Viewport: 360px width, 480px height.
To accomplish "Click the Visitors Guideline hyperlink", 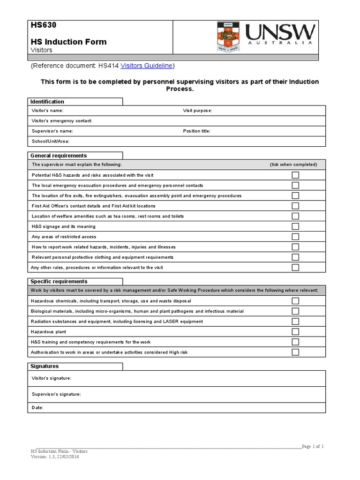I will (147, 66).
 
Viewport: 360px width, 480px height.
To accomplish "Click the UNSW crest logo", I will (229, 36).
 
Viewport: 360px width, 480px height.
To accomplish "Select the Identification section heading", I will (47, 102).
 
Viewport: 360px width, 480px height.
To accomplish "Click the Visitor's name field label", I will (47, 111).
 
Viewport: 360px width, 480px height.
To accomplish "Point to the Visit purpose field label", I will (197, 111).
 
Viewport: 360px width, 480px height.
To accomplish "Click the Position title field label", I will (196, 131).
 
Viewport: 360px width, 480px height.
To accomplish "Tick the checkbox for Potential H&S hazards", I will (295, 175).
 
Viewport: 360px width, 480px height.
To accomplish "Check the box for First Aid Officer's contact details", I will (295, 206).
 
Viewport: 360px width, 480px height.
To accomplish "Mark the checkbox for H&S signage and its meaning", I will (295, 226).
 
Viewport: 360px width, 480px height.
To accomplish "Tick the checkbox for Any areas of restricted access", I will (295, 237).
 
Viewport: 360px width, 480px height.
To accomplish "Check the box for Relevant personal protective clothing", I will (295, 257).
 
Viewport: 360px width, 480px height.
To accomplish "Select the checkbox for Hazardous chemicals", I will (295, 301).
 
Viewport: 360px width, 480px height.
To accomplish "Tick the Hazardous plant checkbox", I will (295, 332).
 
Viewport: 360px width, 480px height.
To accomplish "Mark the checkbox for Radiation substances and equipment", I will (295, 322).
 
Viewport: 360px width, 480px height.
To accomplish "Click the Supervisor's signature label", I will (56, 394).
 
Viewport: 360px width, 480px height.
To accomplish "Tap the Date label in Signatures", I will (37, 408).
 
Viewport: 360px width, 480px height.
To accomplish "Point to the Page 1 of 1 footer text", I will (313, 446).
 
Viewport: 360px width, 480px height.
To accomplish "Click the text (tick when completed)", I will (293, 165).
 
